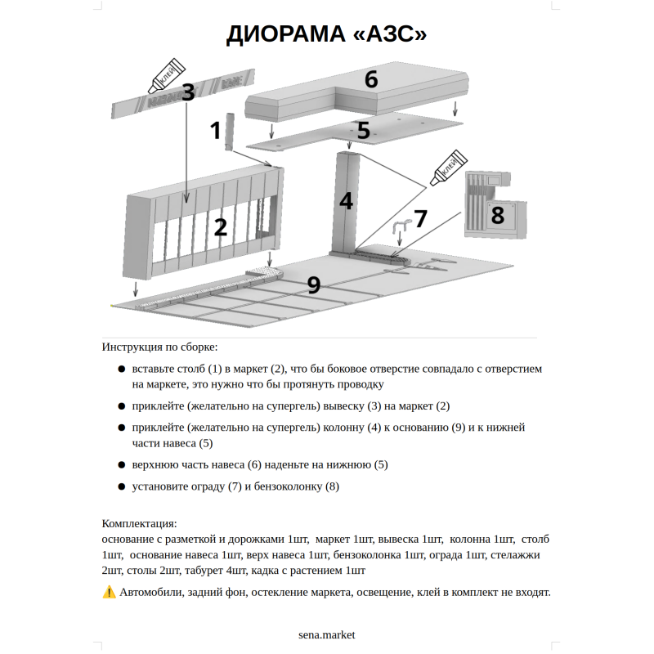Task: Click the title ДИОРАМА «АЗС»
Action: point(327,35)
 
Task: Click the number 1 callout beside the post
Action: point(216,131)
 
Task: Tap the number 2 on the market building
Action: point(220,227)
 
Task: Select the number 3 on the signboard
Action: point(189,92)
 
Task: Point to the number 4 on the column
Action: point(347,201)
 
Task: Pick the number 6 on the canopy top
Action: point(371,79)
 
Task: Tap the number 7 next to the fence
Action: point(420,218)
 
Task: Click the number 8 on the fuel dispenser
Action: point(497,215)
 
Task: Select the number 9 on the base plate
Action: point(314,284)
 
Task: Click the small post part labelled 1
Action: point(231,132)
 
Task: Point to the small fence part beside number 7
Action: point(400,230)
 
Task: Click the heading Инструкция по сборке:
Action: point(160,347)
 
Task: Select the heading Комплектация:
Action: point(139,523)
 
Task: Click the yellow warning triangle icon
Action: point(109,592)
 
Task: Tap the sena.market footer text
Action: point(327,634)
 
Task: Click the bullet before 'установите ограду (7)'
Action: point(122,486)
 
